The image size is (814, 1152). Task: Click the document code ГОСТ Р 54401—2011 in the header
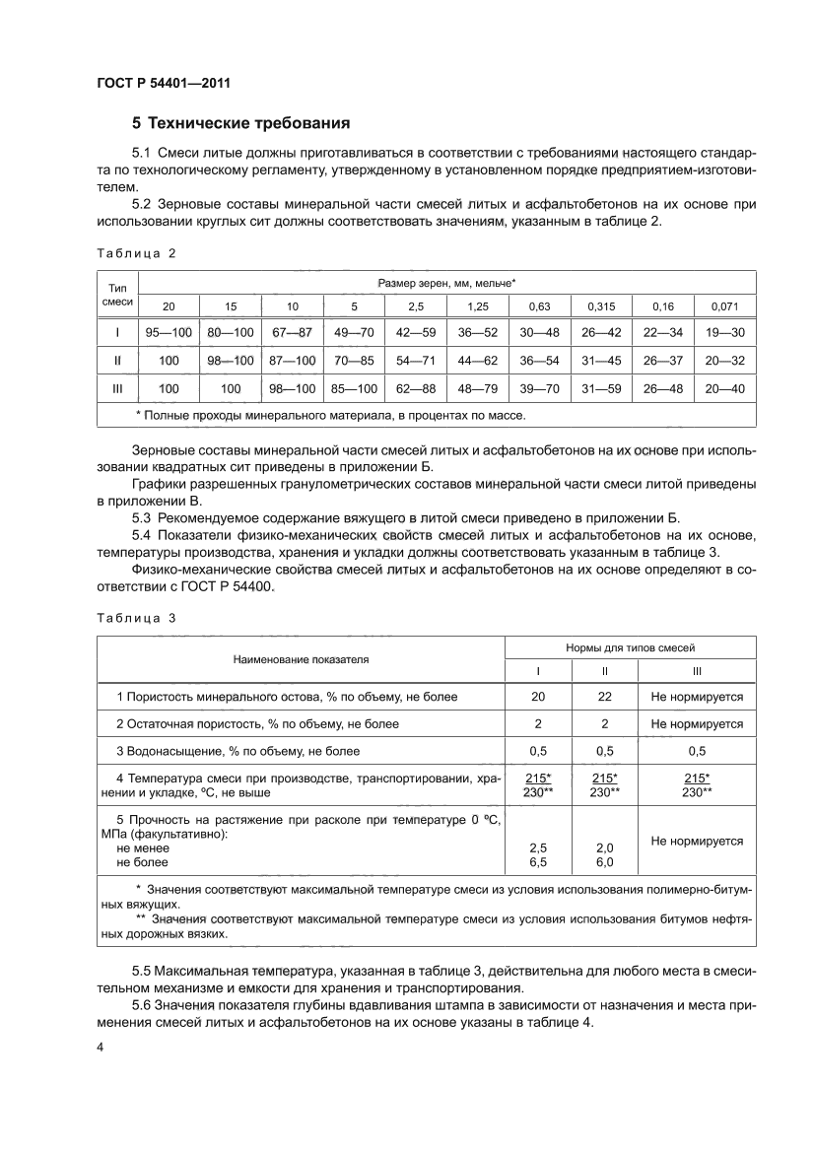(x=164, y=84)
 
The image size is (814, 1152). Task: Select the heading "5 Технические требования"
(x=241, y=124)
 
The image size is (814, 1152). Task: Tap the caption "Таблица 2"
(x=135, y=253)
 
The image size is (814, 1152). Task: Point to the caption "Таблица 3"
(x=135, y=618)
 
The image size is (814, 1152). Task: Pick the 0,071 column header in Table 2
(x=724, y=306)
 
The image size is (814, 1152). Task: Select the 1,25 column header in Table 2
(x=478, y=306)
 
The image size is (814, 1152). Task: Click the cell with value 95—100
(x=169, y=333)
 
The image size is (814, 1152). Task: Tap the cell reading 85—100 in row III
(x=354, y=388)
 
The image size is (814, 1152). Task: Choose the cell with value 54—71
(x=416, y=361)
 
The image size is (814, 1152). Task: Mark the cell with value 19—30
(x=724, y=333)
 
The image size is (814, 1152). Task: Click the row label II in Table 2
(x=117, y=361)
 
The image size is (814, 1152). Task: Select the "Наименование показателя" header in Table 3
(x=301, y=659)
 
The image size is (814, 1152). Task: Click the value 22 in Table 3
(x=604, y=697)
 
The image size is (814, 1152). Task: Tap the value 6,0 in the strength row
(x=604, y=861)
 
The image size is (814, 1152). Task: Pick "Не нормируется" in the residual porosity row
(x=697, y=723)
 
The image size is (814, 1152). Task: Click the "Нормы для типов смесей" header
(x=631, y=647)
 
